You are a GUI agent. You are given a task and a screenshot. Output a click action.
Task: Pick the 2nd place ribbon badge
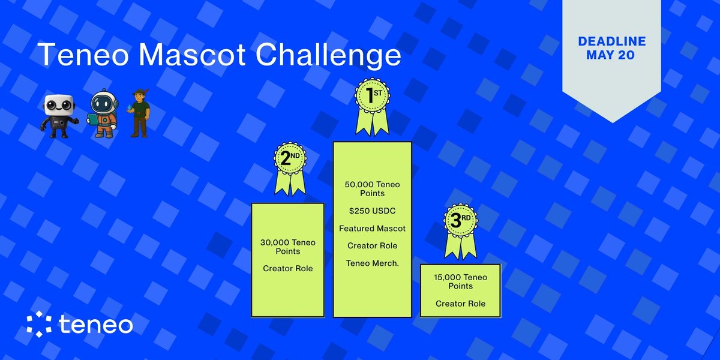290,168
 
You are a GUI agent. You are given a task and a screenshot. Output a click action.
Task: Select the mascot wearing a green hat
140,115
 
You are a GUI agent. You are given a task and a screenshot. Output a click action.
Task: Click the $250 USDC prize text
372,211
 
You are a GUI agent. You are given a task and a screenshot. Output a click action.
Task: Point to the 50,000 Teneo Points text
372,189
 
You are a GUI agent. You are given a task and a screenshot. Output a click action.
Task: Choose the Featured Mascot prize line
372,228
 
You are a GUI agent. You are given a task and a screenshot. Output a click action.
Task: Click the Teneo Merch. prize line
372,263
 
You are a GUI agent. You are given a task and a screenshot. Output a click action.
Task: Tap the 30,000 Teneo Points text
287,247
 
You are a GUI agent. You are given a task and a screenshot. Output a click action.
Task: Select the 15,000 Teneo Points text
460,281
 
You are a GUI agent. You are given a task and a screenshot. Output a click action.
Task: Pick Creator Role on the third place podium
460,303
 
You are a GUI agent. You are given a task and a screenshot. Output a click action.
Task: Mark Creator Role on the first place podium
372,245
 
